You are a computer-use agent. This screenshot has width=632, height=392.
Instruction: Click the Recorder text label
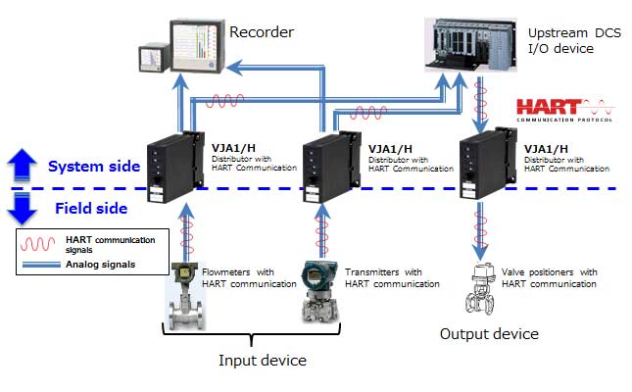click(261, 32)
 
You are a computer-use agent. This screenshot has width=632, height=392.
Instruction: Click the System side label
click(94, 166)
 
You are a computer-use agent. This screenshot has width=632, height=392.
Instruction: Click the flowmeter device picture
click(182, 294)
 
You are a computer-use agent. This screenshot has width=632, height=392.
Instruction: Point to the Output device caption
click(488, 333)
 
